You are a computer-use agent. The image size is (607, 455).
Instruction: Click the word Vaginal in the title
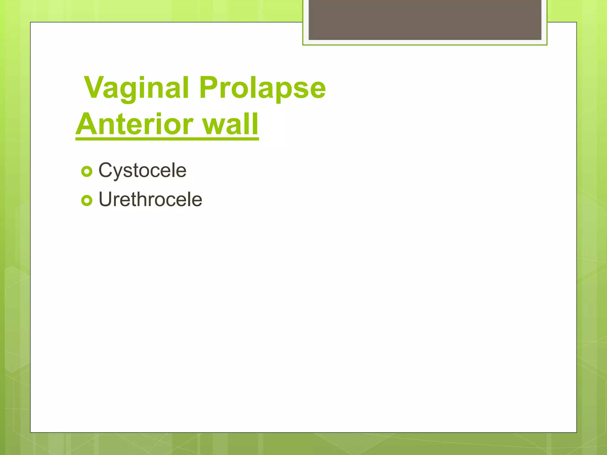coord(136,88)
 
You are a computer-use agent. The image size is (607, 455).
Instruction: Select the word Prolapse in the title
coord(262,88)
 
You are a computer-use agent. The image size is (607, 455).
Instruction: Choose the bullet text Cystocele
coord(142,170)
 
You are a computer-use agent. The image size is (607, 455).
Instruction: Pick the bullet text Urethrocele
coord(150,199)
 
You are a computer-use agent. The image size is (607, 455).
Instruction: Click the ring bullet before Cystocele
coord(87,172)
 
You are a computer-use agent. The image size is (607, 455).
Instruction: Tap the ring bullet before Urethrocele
coord(87,201)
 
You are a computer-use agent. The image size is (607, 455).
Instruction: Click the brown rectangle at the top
coord(425,20)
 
